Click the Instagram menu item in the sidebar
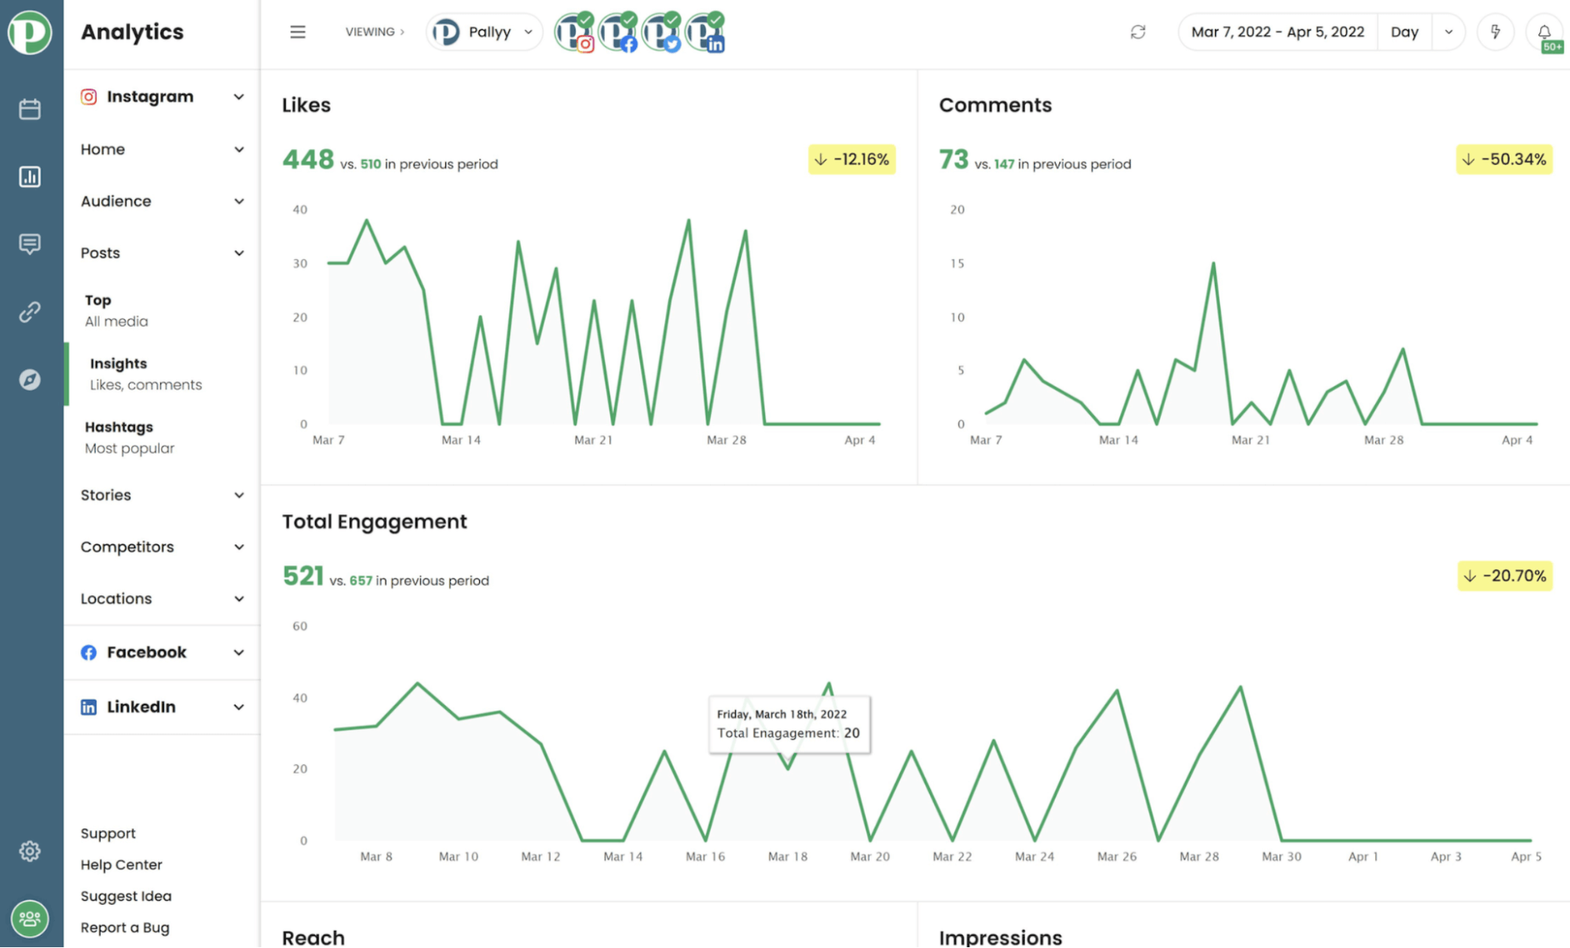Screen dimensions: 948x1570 (x=149, y=97)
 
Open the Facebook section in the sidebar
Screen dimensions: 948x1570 (x=146, y=652)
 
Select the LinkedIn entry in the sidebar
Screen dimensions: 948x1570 (x=141, y=707)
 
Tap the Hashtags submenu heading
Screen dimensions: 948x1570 (x=119, y=426)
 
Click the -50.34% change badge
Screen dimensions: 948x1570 (x=1504, y=159)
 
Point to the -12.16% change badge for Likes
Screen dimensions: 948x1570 (x=852, y=159)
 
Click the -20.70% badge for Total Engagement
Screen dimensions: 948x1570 (x=1505, y=576)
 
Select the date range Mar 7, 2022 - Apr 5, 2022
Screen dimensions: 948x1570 (x=1277, y=32)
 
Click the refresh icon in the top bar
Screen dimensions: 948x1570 (x=1137, y=32)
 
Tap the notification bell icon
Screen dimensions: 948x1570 (x=1543, y=32)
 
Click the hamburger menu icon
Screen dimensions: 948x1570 (x=298, y=32)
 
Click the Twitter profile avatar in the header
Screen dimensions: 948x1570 (x=661, y=33)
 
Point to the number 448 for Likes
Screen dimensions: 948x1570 (x=308, y=159)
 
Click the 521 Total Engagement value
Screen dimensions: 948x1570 (x=303, y=576)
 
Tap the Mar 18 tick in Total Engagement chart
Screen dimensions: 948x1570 (x=788, y=856)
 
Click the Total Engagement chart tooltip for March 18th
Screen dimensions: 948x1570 (x=789, y=724)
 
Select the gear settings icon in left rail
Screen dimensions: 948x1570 (x=30, y=851)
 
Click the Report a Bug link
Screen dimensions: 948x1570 (x=125, y=928)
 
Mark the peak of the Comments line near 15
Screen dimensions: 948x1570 (x=1213, y=263)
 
